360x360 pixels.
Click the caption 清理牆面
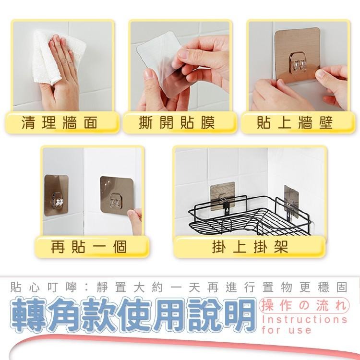pyautogui.click(x=60, y=123)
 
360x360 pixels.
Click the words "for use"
pyautogui.click(x=287, y=330)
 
